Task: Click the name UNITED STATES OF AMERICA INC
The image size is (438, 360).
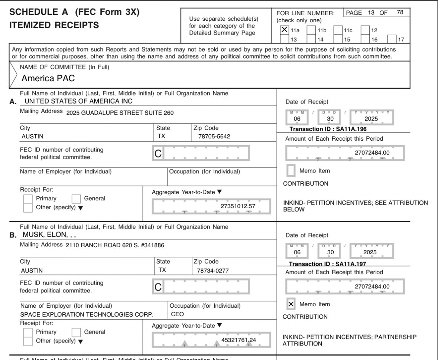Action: point(78,101)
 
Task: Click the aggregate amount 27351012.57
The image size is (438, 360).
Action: point(238,206)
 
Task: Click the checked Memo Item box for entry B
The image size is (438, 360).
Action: point(292,304)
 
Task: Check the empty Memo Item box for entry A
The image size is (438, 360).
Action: point(292,171)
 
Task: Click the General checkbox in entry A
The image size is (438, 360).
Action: point(76,199)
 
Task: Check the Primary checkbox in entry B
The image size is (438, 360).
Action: point(27,332)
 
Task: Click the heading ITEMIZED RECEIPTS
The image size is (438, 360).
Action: point(54,25)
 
